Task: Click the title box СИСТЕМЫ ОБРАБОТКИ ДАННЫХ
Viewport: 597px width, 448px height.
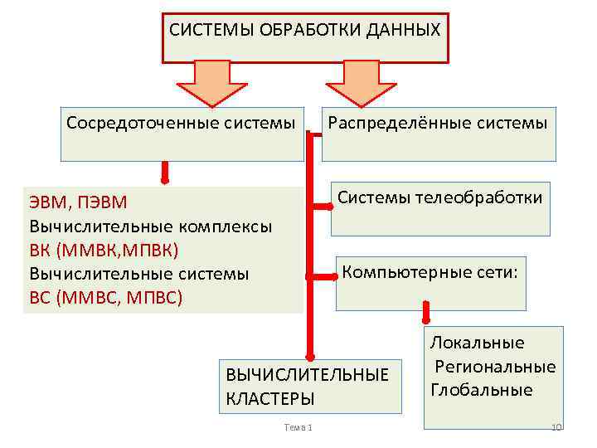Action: click(304, 37)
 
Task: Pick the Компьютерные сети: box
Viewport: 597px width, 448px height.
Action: click(430, 282)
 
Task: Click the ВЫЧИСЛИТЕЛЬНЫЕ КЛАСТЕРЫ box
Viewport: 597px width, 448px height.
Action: click(310, 386)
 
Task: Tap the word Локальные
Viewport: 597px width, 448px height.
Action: click(477, 343)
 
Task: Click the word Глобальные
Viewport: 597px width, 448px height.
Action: click(482, 389)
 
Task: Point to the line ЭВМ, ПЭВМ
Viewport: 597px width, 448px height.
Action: click(79, 202)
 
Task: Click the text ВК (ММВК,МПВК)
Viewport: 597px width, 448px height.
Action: click(104, 249)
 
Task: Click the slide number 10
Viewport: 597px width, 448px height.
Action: click(556, 427)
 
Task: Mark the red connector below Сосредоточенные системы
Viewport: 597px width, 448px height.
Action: click(165, 173)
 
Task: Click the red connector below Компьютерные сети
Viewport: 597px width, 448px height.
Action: click(427, 312)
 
